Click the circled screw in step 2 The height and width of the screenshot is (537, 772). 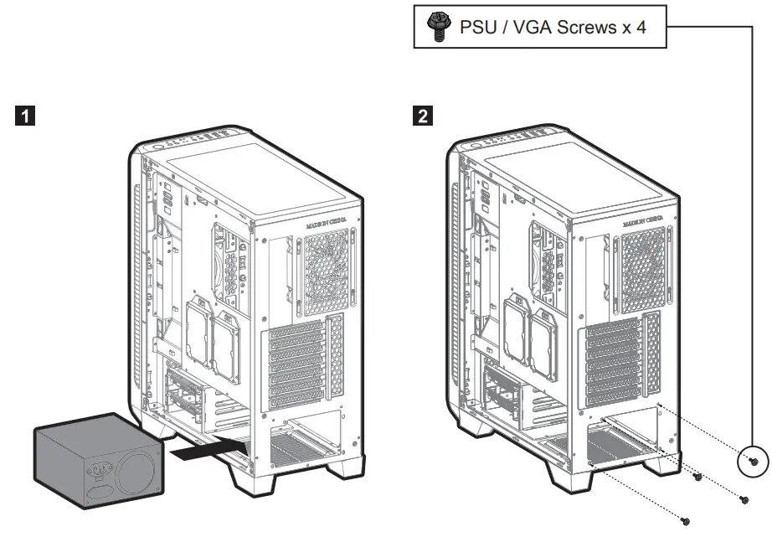[752, 461]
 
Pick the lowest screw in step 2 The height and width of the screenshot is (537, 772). [685, 521]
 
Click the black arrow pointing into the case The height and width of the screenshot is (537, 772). [205, 452]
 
